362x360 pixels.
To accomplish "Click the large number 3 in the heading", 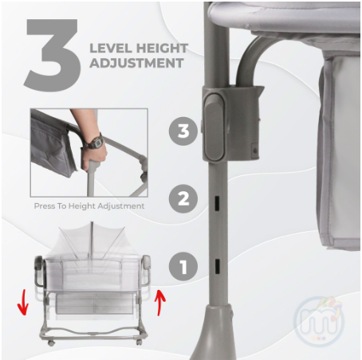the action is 53,55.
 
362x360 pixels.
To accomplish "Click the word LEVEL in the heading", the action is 111,49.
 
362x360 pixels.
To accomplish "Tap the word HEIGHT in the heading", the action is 163,49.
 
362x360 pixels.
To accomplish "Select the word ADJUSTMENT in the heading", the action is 136,63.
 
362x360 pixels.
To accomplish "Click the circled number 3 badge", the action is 183,131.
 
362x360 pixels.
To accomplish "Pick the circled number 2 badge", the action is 183,198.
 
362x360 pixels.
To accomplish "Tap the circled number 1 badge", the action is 183,266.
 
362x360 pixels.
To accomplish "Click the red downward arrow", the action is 23,303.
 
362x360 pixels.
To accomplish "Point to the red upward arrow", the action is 160,303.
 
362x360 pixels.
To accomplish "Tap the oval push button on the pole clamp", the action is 214,127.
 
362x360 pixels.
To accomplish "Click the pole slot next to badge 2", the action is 217,203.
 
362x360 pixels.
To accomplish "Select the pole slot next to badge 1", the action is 217,266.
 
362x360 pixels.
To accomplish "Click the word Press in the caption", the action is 44,206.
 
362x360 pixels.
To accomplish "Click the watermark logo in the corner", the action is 319,322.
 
